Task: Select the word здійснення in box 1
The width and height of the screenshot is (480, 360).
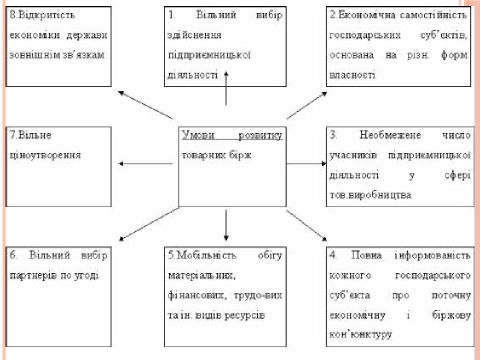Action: pyautogui.click(x=194, y=35)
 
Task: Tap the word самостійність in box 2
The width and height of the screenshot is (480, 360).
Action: pyautogui.click(x=433, y=15)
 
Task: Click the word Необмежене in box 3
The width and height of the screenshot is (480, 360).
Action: pyautogui.click(x=390, y=135)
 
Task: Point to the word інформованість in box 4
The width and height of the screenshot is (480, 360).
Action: pyautogui.click(x=432, y=255)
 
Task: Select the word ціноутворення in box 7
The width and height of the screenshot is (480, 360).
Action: pyautogui.click(x=45, y=155)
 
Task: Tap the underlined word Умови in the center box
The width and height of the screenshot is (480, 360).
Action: pyautogui.click(x=198, y=135)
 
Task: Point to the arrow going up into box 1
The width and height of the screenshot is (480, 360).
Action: pyautogui.click(x=226, y=88)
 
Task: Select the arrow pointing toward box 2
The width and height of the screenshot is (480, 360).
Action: pyautogui.click(x=306, y=105)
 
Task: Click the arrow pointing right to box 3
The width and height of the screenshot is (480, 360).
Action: pyautogui.click(x=306, y=164)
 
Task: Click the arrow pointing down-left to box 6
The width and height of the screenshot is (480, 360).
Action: pyautogui.click(x=149, y=224)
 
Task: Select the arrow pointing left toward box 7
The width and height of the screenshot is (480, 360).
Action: pyautogui.click(x=145, y=164)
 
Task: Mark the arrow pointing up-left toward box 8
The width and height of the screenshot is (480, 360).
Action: pyautogui.click(x=145, y=104)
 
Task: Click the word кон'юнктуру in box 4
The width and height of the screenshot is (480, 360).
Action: pyautogui.click(x=360, y=334)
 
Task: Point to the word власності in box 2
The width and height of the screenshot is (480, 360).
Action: pyautogui.click(x=352, y=75)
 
